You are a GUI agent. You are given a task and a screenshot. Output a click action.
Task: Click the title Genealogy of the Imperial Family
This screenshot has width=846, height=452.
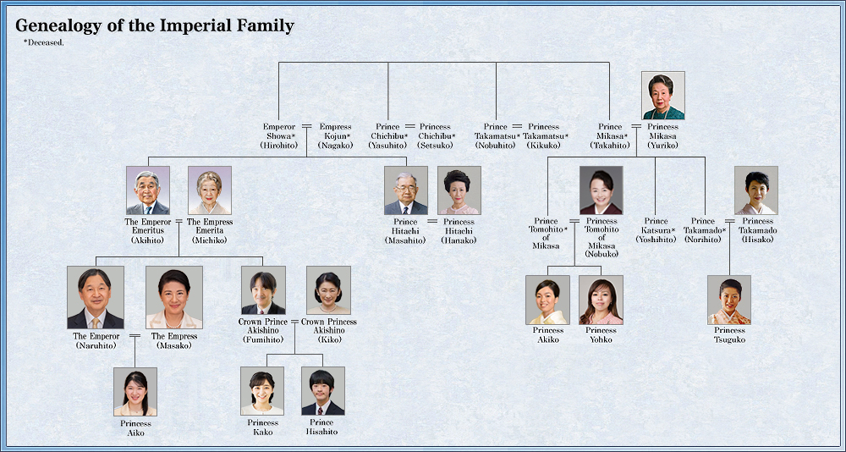[155, 26]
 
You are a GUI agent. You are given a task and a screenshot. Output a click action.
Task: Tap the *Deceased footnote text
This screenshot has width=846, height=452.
[44, 41]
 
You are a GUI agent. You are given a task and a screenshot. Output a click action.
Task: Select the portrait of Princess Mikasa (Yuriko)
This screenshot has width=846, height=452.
[663, 96]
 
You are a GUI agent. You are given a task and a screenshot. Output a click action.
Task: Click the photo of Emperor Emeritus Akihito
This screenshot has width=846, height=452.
[148, 190]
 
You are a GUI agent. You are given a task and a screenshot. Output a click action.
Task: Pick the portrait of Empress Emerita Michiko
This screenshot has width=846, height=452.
[210, 190]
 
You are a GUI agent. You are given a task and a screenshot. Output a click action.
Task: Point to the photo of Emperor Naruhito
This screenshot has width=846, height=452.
[96, 298]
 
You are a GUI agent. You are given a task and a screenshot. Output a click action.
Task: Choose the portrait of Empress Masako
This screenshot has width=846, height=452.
[174, 298]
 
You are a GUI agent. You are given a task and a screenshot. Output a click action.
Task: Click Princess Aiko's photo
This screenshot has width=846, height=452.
[135, 391]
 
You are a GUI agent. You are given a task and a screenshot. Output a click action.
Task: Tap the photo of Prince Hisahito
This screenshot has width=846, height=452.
[323, 391]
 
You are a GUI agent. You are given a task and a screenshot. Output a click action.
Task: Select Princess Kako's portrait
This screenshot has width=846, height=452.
[262, 391]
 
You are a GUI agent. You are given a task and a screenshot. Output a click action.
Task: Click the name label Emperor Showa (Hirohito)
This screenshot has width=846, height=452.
[279, 136]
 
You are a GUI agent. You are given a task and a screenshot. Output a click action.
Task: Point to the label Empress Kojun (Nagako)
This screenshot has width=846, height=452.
[336, 136]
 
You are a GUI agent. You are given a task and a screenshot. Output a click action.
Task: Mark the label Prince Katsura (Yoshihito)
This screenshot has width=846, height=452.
[656, 230]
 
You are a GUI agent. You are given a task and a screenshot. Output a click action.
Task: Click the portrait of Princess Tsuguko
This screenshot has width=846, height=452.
[729, 300]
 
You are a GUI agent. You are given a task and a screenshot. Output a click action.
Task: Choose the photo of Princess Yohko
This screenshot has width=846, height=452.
[601, 300]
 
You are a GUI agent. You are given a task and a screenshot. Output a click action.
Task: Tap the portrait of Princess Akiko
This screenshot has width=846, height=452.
[547, 300]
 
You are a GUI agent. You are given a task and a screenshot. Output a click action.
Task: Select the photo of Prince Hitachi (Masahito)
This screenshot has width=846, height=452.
[406, 190]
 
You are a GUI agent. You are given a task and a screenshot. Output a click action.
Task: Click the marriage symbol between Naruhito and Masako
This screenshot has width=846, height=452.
[135, 336]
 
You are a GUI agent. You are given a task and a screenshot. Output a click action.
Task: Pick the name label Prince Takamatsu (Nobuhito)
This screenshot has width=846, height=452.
[497, 136]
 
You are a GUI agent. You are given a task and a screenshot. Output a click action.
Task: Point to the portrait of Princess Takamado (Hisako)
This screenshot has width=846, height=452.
[756, 190]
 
